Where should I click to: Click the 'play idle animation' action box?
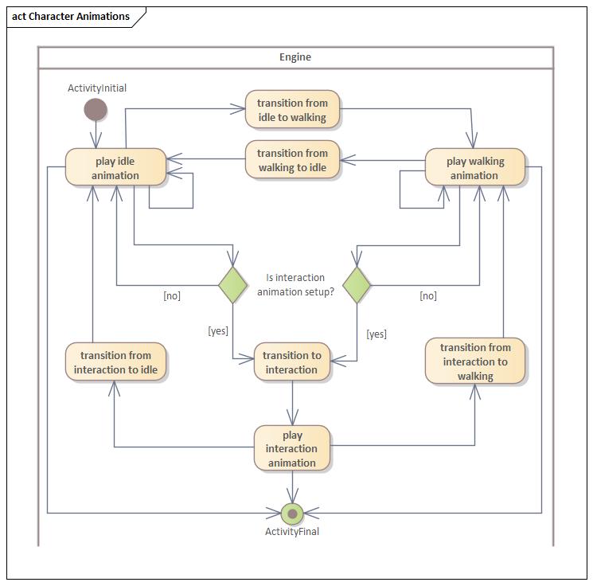[116, 168]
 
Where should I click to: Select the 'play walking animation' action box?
[474, 168]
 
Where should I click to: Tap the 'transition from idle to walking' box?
[292, 110]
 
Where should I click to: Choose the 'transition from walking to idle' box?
[292, 160]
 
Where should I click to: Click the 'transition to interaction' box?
[292, 362]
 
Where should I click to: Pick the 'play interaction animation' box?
[292, 448]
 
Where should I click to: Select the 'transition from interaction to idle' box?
[116, 362]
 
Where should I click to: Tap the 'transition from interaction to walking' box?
[475, 361]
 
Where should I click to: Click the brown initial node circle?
[96, 109]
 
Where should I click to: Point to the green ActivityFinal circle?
[292, 514]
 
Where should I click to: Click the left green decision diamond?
[232, 284]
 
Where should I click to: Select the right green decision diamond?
[356, 284]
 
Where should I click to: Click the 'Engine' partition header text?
[295, 57]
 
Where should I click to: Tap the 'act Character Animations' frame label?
[71, 16]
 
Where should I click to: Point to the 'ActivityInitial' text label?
[97, 88]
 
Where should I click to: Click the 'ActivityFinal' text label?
[292, 532]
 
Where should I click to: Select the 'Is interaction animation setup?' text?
[295, 284]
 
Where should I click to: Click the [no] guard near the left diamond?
[172, 295]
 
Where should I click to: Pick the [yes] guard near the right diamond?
[376, 334]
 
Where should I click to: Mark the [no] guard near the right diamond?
[428, 295]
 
